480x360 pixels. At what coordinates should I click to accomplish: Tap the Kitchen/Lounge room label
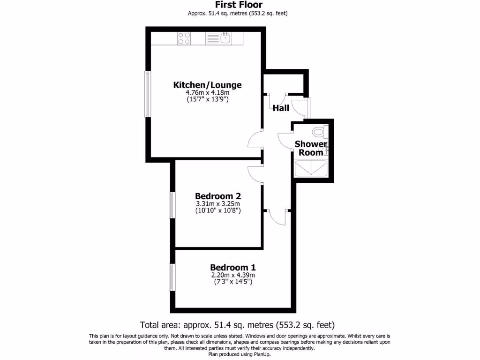click(x=208, y=85)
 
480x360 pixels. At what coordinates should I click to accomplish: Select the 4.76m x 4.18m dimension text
click(x=208, y=93)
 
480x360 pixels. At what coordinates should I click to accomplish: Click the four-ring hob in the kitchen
click(x=184, y=37)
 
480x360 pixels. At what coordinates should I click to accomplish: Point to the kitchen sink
click(x=225, y=37)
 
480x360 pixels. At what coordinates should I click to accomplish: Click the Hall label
click(x=281, y=108)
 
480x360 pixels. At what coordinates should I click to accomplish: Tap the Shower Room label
click(x=311, y=148)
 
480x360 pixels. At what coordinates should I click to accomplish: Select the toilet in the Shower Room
click(x=320, y=131)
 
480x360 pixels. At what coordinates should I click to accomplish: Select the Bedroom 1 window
click(x=172, y=277)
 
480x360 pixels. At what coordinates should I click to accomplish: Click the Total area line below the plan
click(x=238, y=325)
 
